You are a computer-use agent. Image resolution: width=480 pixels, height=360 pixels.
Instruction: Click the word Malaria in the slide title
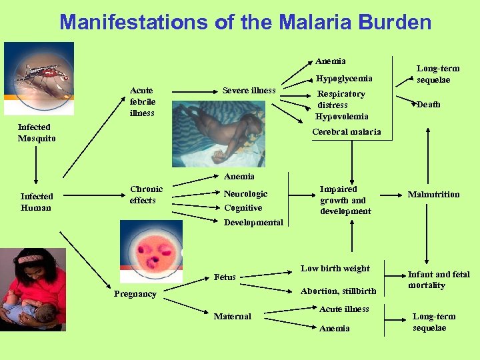pos(312,22)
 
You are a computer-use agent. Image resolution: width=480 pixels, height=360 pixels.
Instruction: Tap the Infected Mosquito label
pos(37,133)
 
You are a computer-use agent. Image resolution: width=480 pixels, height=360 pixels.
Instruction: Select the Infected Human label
pos(37,201)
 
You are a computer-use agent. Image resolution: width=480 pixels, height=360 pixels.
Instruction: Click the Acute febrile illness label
pos(142,101)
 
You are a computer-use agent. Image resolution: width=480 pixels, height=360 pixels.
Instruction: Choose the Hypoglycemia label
pos(344,78)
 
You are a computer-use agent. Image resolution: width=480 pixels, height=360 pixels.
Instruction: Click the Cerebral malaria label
pos(347,131)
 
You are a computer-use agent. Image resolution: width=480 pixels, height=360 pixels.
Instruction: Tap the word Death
pos(429,104)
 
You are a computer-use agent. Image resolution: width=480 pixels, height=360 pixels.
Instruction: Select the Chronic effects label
pos(146,195)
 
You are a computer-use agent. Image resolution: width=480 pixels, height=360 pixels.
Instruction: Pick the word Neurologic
pos(246,193)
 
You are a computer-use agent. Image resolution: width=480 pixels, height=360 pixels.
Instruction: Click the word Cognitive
pos(243,207)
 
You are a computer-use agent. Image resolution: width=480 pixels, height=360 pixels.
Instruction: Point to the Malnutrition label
pos(434,194)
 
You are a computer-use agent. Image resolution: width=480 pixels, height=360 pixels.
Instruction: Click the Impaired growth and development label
pos(345,200)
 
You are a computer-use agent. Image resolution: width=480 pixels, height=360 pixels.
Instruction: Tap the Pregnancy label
pos(135,293)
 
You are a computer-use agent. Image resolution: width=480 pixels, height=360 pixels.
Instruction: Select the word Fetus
pos(225,277)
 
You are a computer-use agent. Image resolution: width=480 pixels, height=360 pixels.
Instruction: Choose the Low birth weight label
pos(335,268)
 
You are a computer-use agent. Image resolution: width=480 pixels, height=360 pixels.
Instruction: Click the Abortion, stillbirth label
pos(338,291)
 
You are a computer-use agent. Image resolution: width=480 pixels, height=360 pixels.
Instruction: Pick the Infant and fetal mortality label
pos(439,279)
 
